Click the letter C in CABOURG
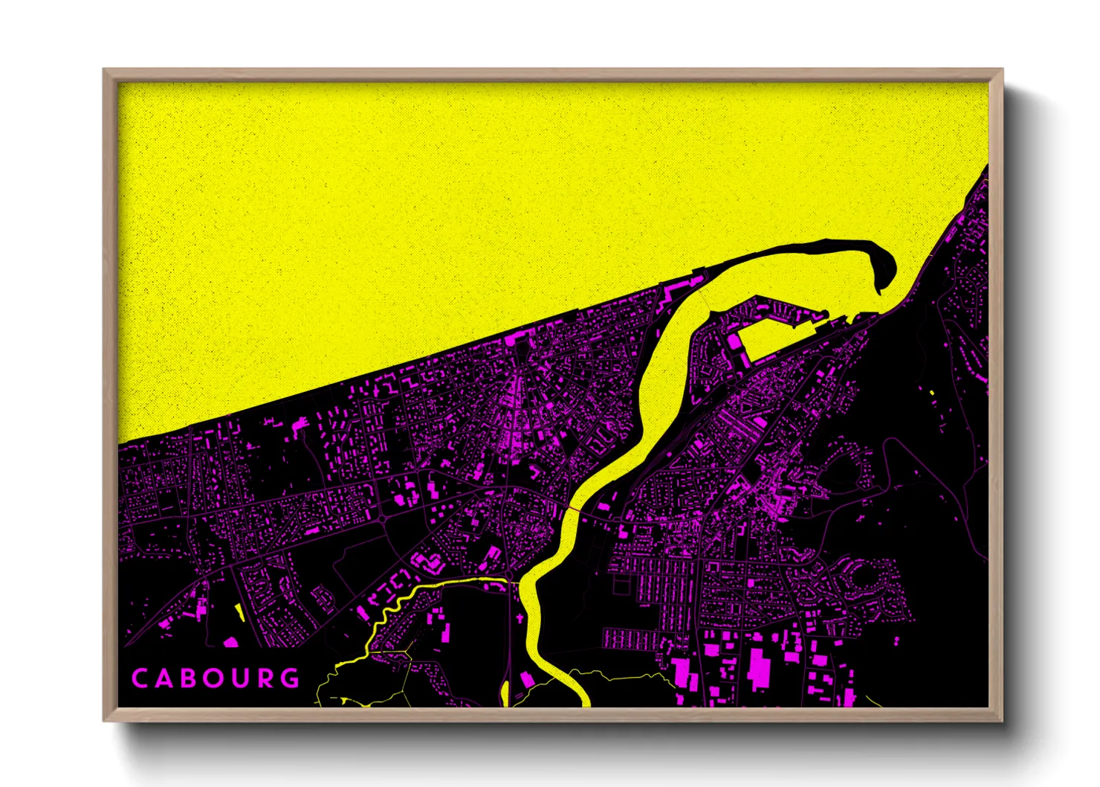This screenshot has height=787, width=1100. (139, 678)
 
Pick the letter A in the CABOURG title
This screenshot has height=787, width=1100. (164, 678)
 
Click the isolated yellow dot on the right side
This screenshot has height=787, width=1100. (932, 391)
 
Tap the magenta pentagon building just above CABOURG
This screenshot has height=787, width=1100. (230, 641)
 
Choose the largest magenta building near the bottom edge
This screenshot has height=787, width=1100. (759, 668)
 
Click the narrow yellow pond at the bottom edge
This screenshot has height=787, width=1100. (505, 692)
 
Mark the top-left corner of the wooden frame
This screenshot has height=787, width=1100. (104, 70)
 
